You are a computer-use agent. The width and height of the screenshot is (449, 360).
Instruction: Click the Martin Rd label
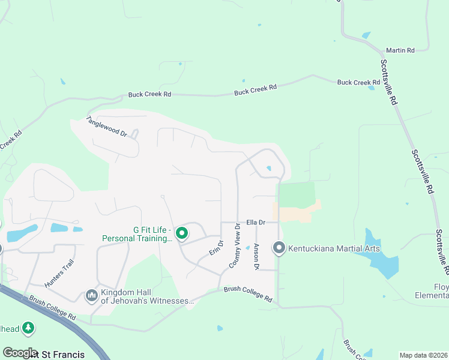tap(400, 50)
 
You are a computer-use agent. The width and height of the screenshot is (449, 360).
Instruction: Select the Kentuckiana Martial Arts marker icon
tap(279, 248)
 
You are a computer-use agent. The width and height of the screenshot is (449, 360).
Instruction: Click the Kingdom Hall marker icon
tap(92, 295)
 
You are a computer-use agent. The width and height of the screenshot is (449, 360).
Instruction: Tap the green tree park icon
tap(28, 328)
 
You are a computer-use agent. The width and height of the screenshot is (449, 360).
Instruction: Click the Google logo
tap(20, 353)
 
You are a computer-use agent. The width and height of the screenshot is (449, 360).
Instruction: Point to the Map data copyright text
tap(424, 355)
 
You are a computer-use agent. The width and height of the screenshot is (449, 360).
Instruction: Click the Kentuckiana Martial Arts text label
tap(334, 248)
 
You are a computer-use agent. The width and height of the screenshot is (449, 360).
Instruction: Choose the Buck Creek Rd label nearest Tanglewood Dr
tap(149, 95)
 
